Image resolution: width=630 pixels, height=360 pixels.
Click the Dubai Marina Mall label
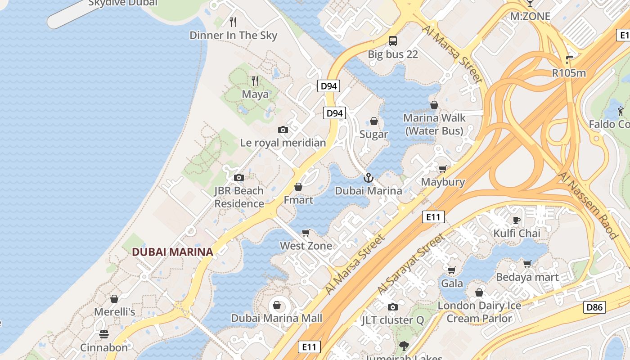pyautogui.click(x=276, y=318)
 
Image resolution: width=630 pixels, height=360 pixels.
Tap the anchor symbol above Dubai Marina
pyautogui.click(x=369, y=178)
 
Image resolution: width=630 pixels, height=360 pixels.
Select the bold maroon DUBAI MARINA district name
pyautogui.click(x=172, y=252)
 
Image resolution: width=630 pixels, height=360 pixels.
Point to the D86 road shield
pyautogui.click(x=594, y=307)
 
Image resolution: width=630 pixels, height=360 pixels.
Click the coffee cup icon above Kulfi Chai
pyautogui.click(x=517, y=220)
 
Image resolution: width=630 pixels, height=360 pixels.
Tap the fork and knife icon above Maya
pyautogui.click(x=255, y=81)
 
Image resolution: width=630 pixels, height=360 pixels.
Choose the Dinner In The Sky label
pyautogui.click(x=233, y=36)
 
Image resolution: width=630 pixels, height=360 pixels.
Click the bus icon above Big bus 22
pyautogui.click(x=393, y=41)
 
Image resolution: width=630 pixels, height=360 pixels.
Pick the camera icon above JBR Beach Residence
pyautogui.click(x=239, y=177)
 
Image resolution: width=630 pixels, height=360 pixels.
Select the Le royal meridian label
pyautogui.click(x=283, y=143)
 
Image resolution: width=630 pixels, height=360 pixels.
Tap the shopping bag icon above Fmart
pyautogui.click(x=298, y=186)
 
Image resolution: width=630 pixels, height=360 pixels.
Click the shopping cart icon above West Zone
pyautogui.click(x=306, y=233)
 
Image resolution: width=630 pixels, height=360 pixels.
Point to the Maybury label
pyautogui.click(x=443, y=182)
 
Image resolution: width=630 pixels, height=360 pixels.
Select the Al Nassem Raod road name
pyautogui.click(x=588, y=205)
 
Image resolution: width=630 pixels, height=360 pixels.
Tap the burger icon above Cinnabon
pyautogui.click(x=104, y=334)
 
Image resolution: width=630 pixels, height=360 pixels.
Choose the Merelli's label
pyautogui.click(x=114, y=312)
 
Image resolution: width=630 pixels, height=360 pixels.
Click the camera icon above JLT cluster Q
pyautogui.click(x=393, y=307)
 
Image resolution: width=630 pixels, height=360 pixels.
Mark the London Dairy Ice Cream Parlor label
pyautogui.click(x=479, y=312)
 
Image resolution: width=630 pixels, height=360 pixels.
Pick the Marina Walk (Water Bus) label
pyautogui.click(x=434, y=124)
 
